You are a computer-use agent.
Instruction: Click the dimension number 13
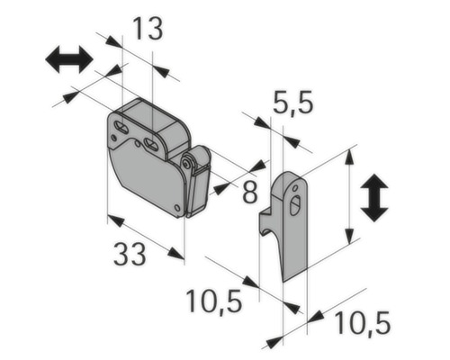[x=148, y=29]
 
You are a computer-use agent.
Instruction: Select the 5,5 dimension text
[x=293, y=103]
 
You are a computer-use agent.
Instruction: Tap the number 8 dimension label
[x=249, y=191]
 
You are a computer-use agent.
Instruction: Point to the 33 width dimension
[x=130, y=256]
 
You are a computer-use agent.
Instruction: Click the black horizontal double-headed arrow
[x=69, y=60]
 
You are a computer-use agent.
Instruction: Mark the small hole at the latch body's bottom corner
[x=177, y=209]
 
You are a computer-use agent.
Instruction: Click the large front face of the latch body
[x=144, y=175]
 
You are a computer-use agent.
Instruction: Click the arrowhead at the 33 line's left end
[x=112, y=219]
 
